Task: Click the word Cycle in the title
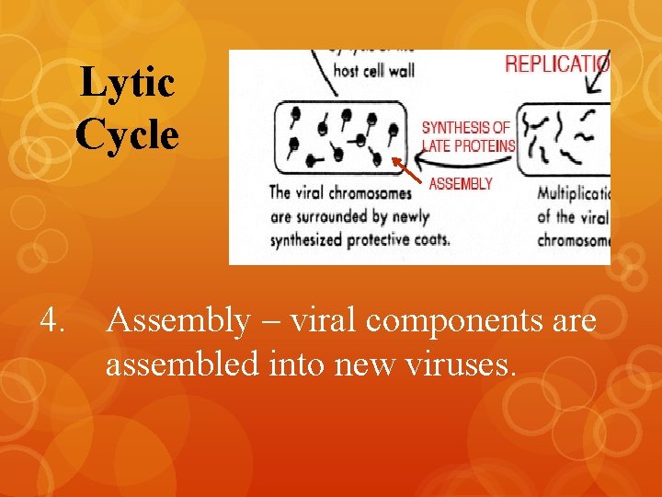(127, 135)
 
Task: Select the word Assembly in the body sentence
(177, 321)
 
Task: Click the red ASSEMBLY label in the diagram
(461, 184)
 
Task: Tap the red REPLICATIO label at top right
(556, 64)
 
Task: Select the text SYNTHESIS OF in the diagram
(465, 128)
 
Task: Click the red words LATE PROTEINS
(468, 145)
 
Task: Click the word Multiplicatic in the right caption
(574, 195)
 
